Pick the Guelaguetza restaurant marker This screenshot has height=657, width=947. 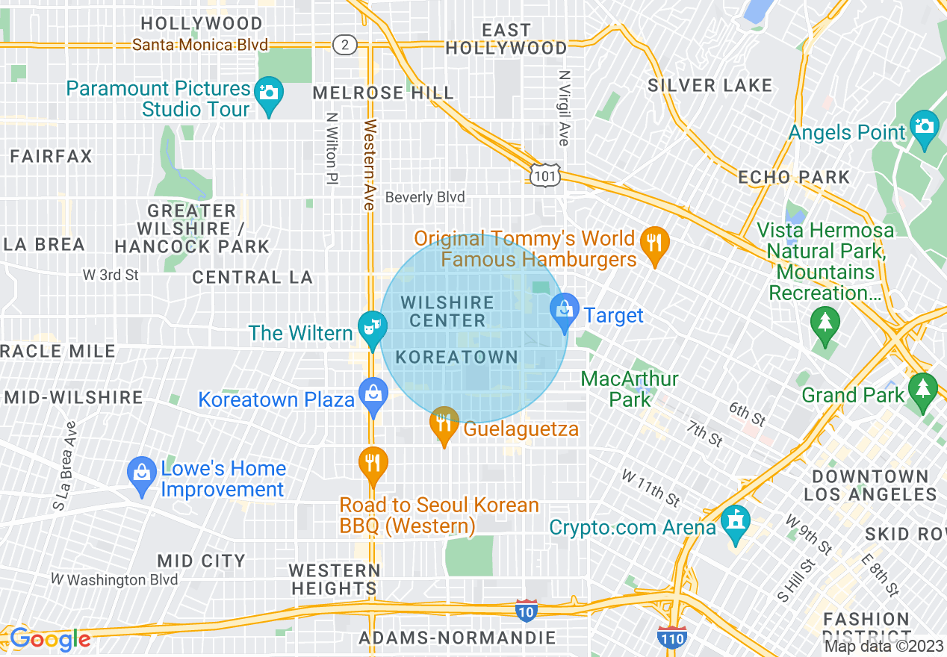click(444, 424)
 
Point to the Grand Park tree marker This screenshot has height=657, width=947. click(923, 390)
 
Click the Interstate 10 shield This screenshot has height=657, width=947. click(527, 610)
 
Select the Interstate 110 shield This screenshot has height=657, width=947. click(672, 637)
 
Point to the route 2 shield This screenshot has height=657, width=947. click(344, 45)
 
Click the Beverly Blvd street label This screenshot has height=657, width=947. click(425, 197)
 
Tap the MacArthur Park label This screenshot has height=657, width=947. click(630, 389)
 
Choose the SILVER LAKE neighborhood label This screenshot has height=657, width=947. click(710, 86)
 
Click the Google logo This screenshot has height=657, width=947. click(49, 640)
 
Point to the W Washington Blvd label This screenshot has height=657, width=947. click(114, 579)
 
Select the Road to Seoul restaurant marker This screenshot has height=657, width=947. click(372, 463)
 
